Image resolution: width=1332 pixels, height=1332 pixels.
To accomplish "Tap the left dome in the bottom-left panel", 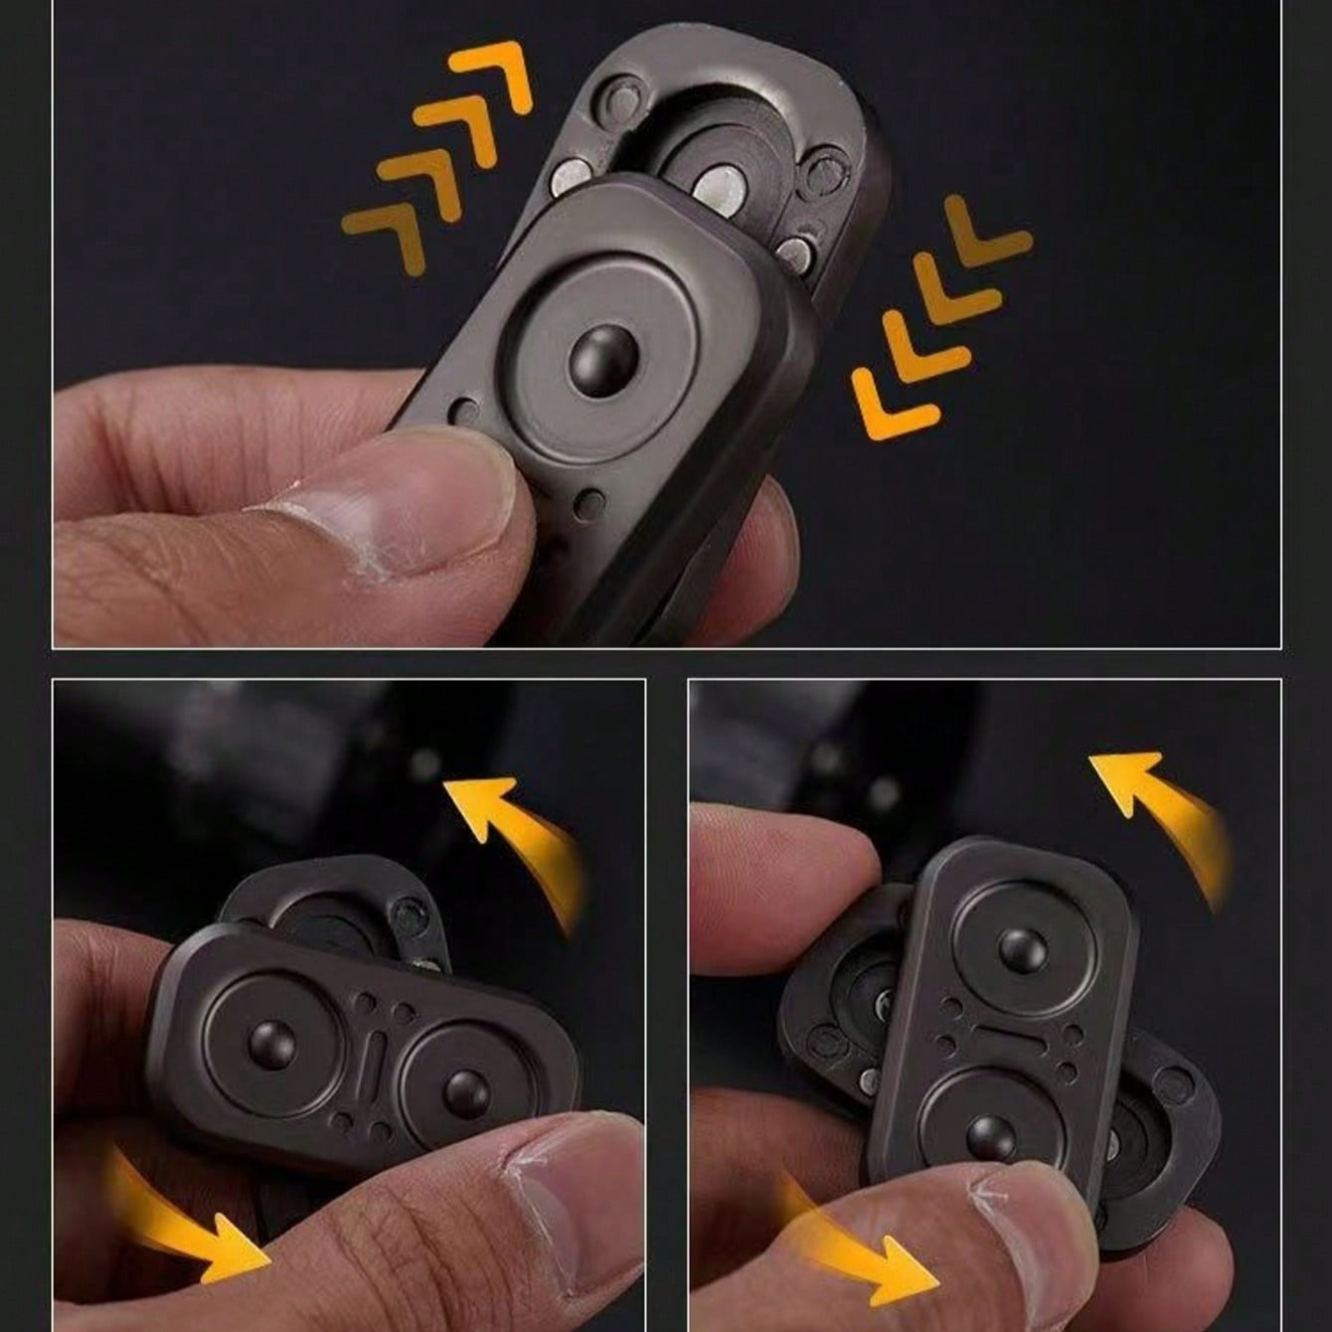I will click(x=272, y=1042).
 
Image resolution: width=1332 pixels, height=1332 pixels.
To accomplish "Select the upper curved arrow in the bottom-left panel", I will click(x=517, y=835).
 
